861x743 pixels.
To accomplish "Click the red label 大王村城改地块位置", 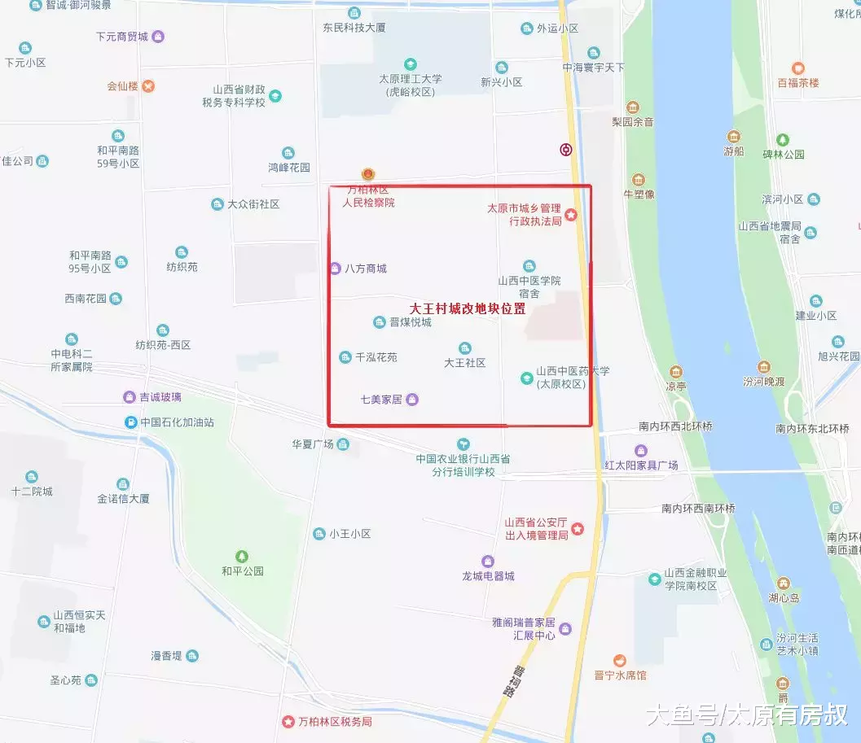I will [x=467, y=309].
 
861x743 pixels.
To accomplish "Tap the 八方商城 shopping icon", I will [x=335, y=268].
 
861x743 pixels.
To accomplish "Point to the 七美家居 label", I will [x=382, y=399].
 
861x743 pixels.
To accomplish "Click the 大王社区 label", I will [x=464, y=363].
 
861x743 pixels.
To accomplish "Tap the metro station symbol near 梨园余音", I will [x=566, y=149].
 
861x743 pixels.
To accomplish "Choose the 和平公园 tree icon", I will [x=242, y=556].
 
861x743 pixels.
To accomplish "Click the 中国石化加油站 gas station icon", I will [x=130, y=422].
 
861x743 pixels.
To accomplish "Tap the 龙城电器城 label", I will [x=488, y=576].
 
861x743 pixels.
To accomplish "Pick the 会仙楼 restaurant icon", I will [x=148, y=85].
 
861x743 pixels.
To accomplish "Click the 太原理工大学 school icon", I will [x=411, y=63].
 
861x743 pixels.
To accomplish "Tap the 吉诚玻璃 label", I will [x=160, y=397].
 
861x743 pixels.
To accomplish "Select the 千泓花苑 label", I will [x=376, y=357].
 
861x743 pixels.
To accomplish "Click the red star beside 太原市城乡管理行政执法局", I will [x=572, y=215].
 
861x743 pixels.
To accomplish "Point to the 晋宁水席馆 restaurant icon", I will [x=620, y=660].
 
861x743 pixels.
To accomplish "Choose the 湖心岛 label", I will [x=783, y=597].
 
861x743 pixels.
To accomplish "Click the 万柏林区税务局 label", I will [x=334, y=722].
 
